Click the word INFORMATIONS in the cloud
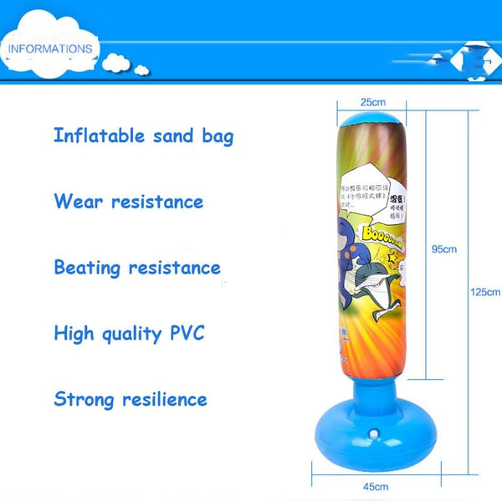pyautogui.click(x=50, y=49)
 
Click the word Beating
pyautogui.click(x=88, y=268)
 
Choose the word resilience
pyautogui.click(x=163, y=398)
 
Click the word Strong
pyautogui.click(x=83, y=398)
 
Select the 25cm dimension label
pyautogui.click(x=372, y=102)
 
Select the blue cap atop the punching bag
pyautogui.click(x=371, y=120)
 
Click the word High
pyautogui.click(x=74, y=333)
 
